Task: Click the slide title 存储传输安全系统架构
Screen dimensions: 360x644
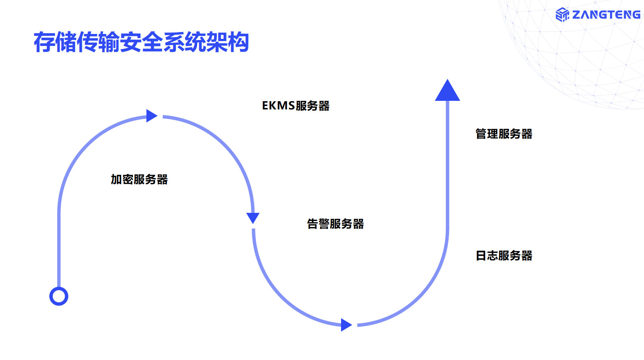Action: coord(141,42)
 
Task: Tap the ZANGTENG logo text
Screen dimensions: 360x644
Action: coord(606,15)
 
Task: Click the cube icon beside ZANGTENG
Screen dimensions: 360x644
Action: coord(562,15)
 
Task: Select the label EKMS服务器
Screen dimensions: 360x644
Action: coord(295,106)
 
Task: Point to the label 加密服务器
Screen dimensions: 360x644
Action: coord(139,180)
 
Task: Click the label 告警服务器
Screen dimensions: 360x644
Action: coord(335,224)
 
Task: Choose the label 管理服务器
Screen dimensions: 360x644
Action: coord(504,134)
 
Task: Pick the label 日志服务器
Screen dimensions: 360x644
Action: coord(504,256)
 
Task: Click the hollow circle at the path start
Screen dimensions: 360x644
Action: coord(59,297)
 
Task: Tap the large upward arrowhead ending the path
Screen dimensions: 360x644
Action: coord(447,91)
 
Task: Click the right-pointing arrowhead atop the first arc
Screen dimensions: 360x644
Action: coord(151,116)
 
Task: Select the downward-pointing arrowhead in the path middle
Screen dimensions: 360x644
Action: coord(253,217)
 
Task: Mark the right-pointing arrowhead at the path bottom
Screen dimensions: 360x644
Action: coord(346,325)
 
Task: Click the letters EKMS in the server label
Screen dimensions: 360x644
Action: coord(278,106)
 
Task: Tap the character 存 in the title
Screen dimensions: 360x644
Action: coord(44,42)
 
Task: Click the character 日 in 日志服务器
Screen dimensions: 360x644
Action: coord(481,256)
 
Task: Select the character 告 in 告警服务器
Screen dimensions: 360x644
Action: coord(312,224)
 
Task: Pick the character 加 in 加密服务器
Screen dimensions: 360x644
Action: coord(116,180)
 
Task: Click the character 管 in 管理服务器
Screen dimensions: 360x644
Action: coord(481,134)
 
